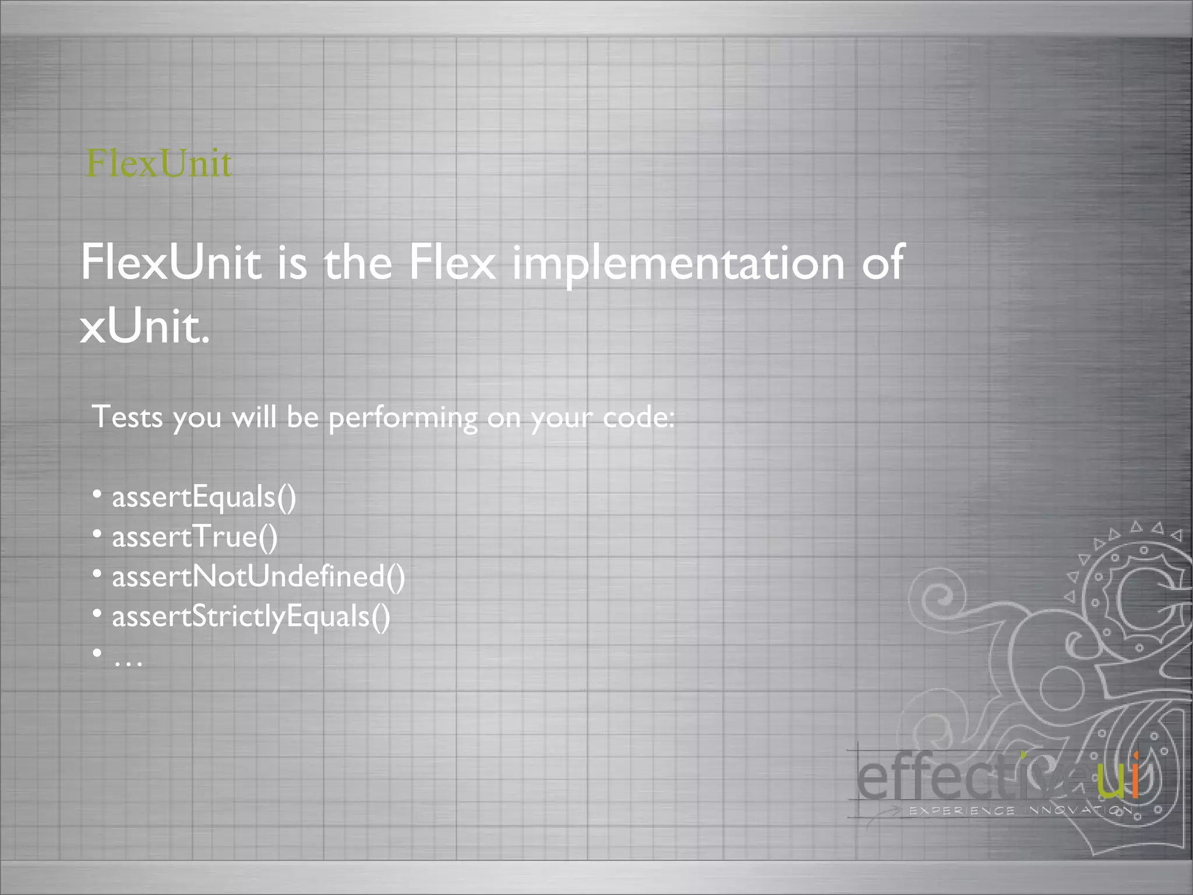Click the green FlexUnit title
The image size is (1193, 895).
[158, 163]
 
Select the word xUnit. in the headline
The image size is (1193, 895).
[144, 326]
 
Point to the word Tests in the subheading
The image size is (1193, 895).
[127, 417]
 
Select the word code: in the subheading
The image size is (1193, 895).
[638, 417]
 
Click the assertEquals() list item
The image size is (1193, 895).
[204, 498]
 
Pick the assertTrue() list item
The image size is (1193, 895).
[195, 537]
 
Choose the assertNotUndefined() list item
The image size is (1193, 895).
[258, 577]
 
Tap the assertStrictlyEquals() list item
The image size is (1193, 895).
[251, 616]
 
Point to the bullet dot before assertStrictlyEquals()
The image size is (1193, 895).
[97, 613]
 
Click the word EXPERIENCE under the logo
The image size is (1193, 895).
[962, 811]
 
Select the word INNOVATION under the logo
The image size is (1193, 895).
[1078, 811]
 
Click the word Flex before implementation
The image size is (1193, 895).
[451, 262]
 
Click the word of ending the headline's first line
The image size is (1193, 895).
[883, 262]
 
